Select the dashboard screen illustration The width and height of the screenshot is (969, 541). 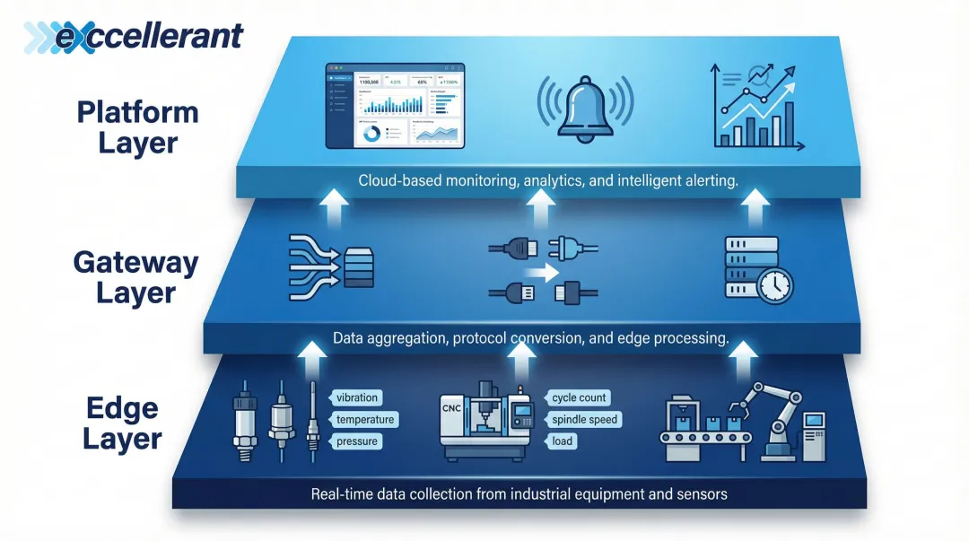pyautogui.click(x=395, y=105)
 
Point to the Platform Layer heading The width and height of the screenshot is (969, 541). pyautogui.click(x=137, y=127)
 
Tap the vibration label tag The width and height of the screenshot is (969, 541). pyautogui.click(x=356, y=397)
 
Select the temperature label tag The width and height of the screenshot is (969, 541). pyautogui.click(x=365, y=419)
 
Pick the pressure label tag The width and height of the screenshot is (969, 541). pyautogui.click(x=356, y=441)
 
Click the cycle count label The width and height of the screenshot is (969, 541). pyautogui.click(x=579, y=397)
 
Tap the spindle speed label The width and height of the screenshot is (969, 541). pyautogui.click(x=585, y=419)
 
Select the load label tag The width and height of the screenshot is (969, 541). pyautogui.click(x=563, y=441)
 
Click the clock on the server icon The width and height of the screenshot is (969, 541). pyautogui.click(x=774, y=286)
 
